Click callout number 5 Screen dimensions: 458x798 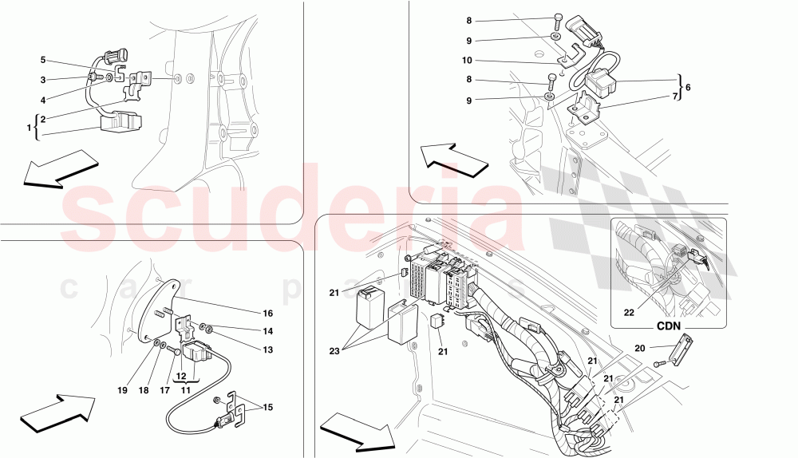(44, 60)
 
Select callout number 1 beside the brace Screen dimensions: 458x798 (29, 128)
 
